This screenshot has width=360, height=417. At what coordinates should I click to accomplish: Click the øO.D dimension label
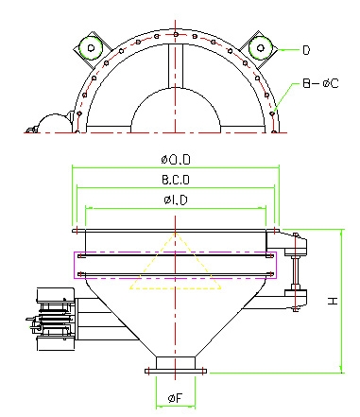pyautogui.click(x=176, y=160)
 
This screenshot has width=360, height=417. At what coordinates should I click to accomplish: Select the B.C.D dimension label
pyautogui.click(x=176, y=180)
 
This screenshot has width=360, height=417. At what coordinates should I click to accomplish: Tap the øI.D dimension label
pyautogui.click(x=176, y=200)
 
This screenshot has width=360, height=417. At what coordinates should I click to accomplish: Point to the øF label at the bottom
pyautogui.click(x=175, y=398)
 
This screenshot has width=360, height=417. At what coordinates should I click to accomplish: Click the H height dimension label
pyautogui.click(x=333, y=301)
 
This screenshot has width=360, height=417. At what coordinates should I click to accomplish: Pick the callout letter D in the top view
pyautogui.click(x=306, y=50)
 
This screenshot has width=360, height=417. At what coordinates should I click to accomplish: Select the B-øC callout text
pyautogui.click(x=320, y=83)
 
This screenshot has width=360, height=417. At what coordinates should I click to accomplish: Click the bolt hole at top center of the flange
pyautogui.click(x=176, y=34)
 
